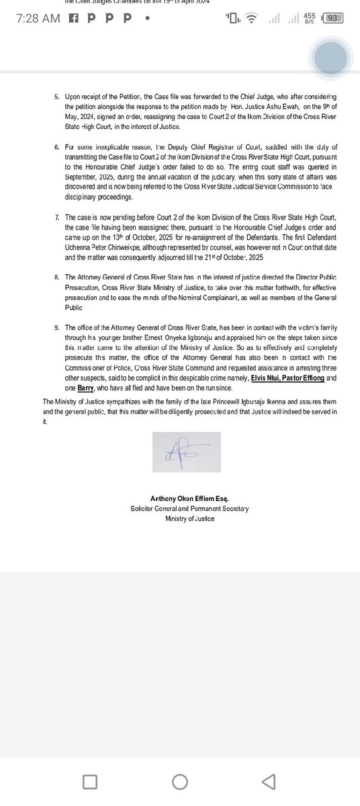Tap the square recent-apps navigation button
[x=90, y=780]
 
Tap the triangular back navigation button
[x=269, y=780]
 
